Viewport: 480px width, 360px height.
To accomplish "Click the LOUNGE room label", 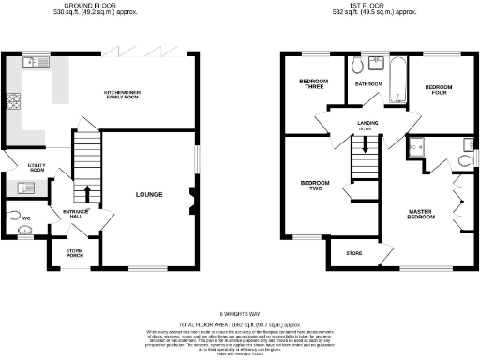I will coord(149,195).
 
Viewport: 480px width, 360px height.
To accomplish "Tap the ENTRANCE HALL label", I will coord(76,214).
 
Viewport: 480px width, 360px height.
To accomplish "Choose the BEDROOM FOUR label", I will coord(439,90).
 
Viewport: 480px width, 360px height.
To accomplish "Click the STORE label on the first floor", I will coord(354,253).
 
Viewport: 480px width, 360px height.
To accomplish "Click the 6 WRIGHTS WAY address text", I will coord(240,315).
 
